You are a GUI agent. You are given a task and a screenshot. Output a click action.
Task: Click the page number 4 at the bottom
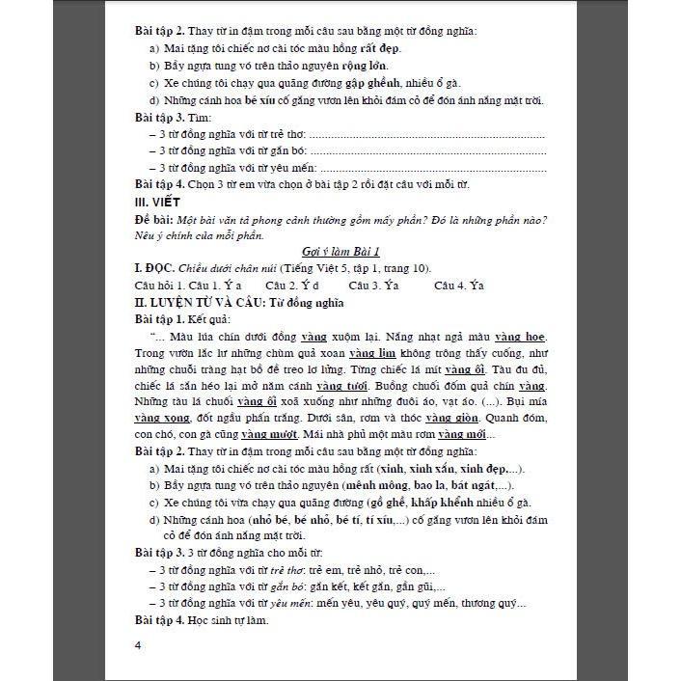[139, 644]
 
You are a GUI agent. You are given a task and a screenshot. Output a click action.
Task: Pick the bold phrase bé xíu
[263, 100]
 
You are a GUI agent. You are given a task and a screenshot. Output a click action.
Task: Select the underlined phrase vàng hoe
[521, 337]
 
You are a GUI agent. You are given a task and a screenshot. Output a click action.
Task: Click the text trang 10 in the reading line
[402, 268]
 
